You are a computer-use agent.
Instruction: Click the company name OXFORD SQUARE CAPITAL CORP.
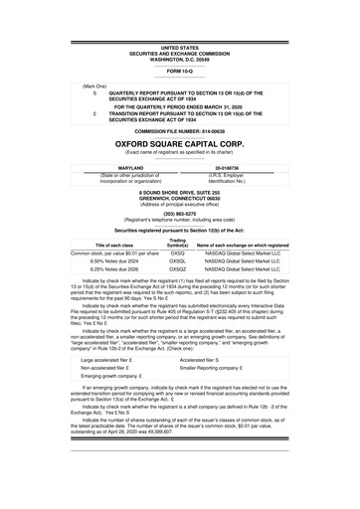pos(179,143)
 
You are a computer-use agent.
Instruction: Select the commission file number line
pos(179,130)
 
